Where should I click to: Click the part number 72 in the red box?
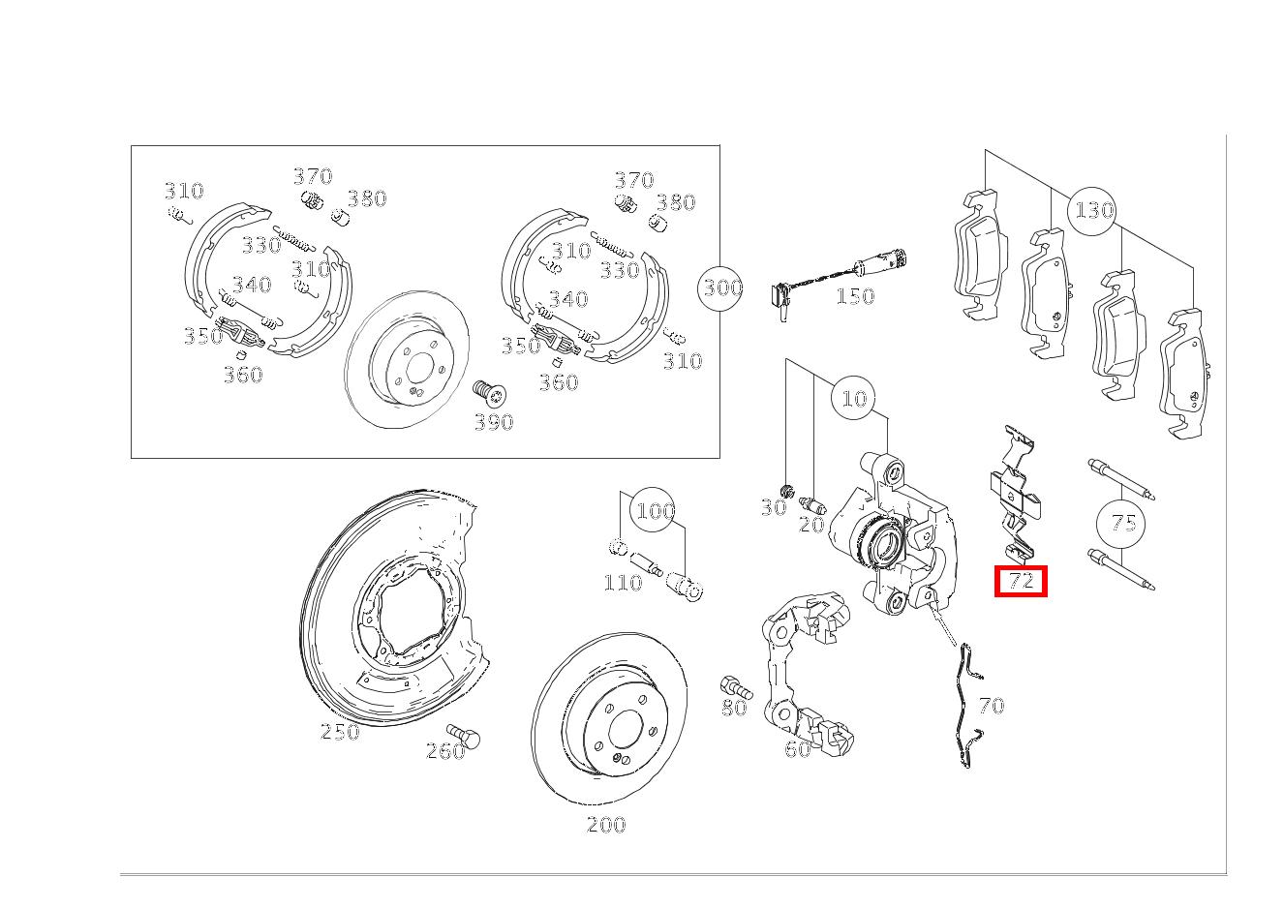click(1021, 581)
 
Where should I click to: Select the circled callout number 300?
click(720, 288)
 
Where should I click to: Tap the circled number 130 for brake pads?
click(1092, 211)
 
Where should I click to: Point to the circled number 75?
click(1120, 523)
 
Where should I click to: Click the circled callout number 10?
click(853, 398)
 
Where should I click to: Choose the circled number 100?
click(653, 509)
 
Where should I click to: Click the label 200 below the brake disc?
click(606, 825)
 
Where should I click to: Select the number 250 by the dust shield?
click(340, 732)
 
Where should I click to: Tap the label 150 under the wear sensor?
click(855, 296)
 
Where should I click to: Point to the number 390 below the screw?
click(494, 423)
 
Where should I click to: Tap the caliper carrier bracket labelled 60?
click(806, 676)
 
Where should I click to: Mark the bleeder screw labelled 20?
click(812, 504)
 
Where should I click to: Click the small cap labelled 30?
click(787, 491)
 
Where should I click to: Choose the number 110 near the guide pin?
click(623, 583)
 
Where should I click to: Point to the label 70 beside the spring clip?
click(992, 706)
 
